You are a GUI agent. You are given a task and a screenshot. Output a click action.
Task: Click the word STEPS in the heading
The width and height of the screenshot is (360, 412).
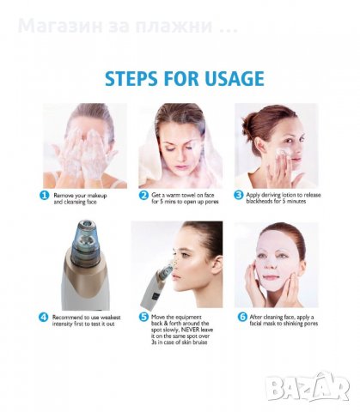point(131,78)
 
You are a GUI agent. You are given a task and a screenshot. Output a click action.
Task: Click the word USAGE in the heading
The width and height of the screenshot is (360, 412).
point(235,78)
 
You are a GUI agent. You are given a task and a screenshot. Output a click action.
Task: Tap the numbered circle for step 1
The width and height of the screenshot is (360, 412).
point(44,196)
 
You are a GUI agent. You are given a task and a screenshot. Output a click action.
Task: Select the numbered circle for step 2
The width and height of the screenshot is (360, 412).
point(143,195)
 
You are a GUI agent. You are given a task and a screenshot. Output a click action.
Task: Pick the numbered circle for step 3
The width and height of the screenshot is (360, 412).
point(238,195)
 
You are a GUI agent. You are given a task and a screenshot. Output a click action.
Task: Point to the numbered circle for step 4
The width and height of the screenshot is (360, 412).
point(44,317)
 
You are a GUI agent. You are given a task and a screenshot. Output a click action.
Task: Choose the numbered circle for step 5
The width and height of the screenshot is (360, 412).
point(143,317)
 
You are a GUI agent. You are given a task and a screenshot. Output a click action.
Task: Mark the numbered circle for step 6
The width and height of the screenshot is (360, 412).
point(242,317)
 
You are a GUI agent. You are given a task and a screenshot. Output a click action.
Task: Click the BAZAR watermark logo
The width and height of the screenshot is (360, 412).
point(307,386)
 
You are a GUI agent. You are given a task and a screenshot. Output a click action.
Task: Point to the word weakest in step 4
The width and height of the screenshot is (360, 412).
point(110,318)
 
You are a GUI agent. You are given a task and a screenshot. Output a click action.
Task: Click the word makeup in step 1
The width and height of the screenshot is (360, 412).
point(97,196)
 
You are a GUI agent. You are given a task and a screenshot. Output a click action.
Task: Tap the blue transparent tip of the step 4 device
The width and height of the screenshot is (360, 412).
point(85,240)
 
